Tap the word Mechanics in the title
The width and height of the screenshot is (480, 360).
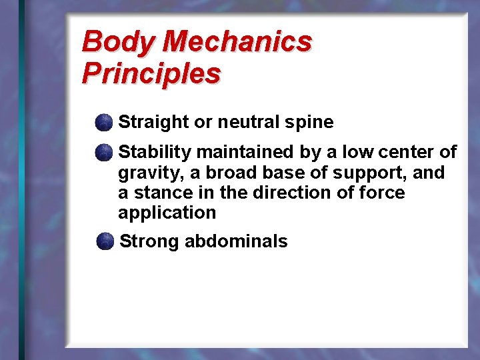click(237, 42)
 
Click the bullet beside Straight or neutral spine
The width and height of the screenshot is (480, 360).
click(103, 122)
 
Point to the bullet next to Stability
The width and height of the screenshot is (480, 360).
click(103, 153)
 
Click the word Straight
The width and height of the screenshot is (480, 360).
click(153, 123)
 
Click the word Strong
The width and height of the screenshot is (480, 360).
click(149, 241)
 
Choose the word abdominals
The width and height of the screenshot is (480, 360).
click(236, 241)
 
